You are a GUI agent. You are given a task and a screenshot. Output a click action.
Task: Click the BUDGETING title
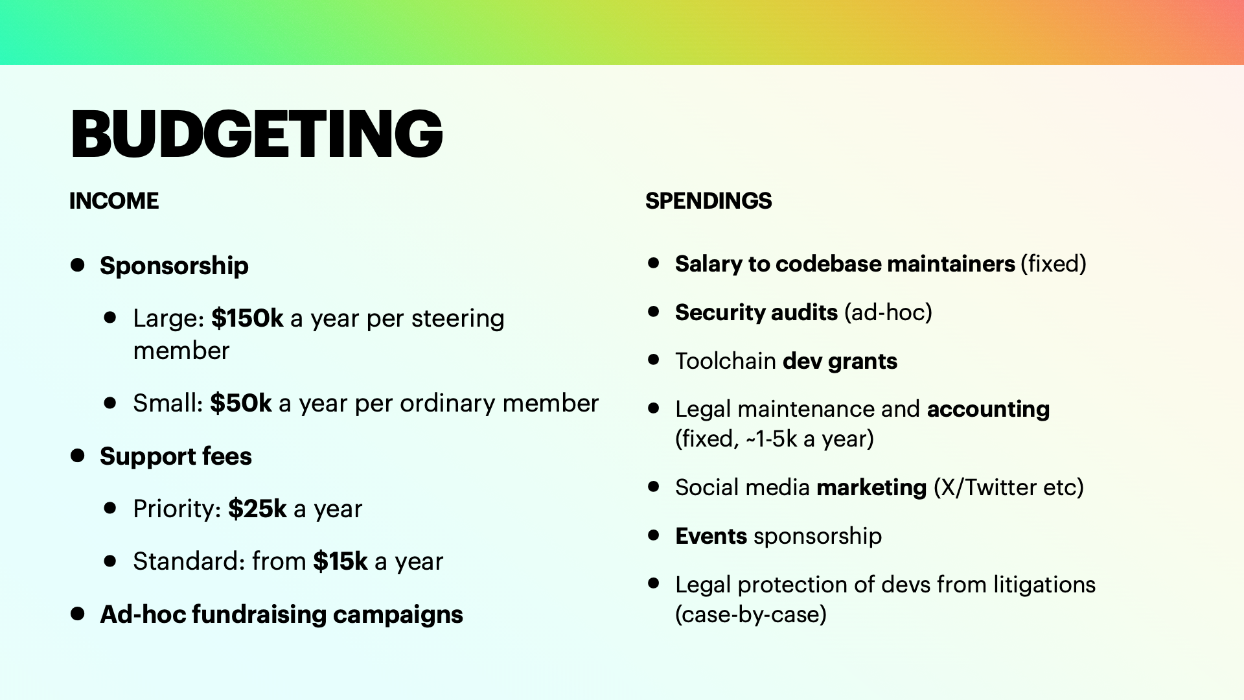coord(257,134)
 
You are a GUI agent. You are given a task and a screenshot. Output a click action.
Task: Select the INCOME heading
coord(114,201)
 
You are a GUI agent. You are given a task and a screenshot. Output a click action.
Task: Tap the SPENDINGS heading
coord(709,201)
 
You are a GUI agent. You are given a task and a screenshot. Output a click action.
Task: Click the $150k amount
coord(248,318)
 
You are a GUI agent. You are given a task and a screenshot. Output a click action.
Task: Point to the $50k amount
coord(241,403)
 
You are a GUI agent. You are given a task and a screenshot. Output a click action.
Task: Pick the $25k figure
coord(257,509)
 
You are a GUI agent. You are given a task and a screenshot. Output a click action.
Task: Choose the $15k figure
coord(340,561)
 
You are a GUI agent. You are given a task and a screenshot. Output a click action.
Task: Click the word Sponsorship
coord(174,266)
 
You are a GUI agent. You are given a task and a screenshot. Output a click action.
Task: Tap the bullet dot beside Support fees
coord(78,456)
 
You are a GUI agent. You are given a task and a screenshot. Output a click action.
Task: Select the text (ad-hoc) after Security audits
coord(888,312)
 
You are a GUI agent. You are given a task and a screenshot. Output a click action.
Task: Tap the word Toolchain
coord(726,361)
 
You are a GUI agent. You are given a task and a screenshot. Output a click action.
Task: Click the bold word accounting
coord(988,410)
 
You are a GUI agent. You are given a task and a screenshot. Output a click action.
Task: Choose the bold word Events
coord(711,536)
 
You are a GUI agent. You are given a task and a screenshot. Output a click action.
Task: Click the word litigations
coord(1044,585)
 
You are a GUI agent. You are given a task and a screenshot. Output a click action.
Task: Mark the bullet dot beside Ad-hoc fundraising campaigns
coord(78,614)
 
